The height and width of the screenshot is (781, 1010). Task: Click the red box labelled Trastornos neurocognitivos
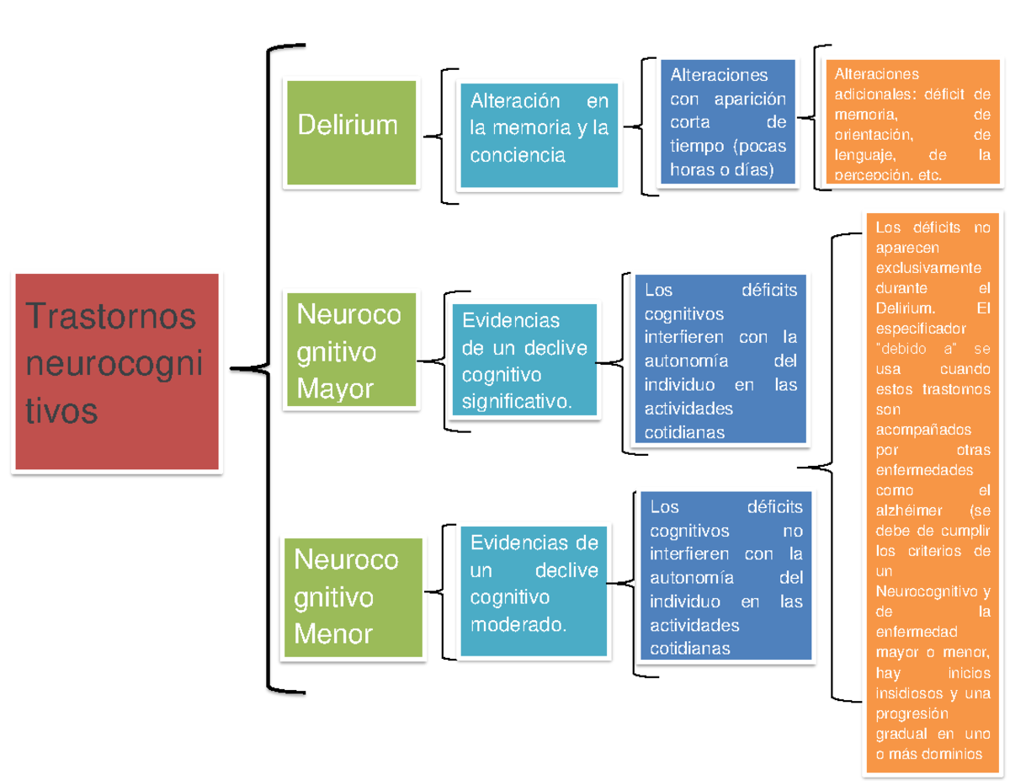pos(117,372)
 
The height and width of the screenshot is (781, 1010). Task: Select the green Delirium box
pos(352,132)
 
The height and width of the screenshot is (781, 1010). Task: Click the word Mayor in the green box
pos(335,389)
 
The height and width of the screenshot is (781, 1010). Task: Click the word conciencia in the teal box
pos(518,155)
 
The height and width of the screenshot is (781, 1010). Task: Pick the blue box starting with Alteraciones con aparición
pos(728,121)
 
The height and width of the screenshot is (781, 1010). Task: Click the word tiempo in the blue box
pos(697,146)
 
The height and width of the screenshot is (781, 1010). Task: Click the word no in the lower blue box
pos(792,531)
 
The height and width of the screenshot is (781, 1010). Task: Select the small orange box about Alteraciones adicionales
pos(912,124)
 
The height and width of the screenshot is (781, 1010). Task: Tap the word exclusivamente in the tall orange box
pos(928,268)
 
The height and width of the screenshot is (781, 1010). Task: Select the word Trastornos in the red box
pos(111,317)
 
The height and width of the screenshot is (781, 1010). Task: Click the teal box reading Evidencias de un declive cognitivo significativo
pos(524,360)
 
